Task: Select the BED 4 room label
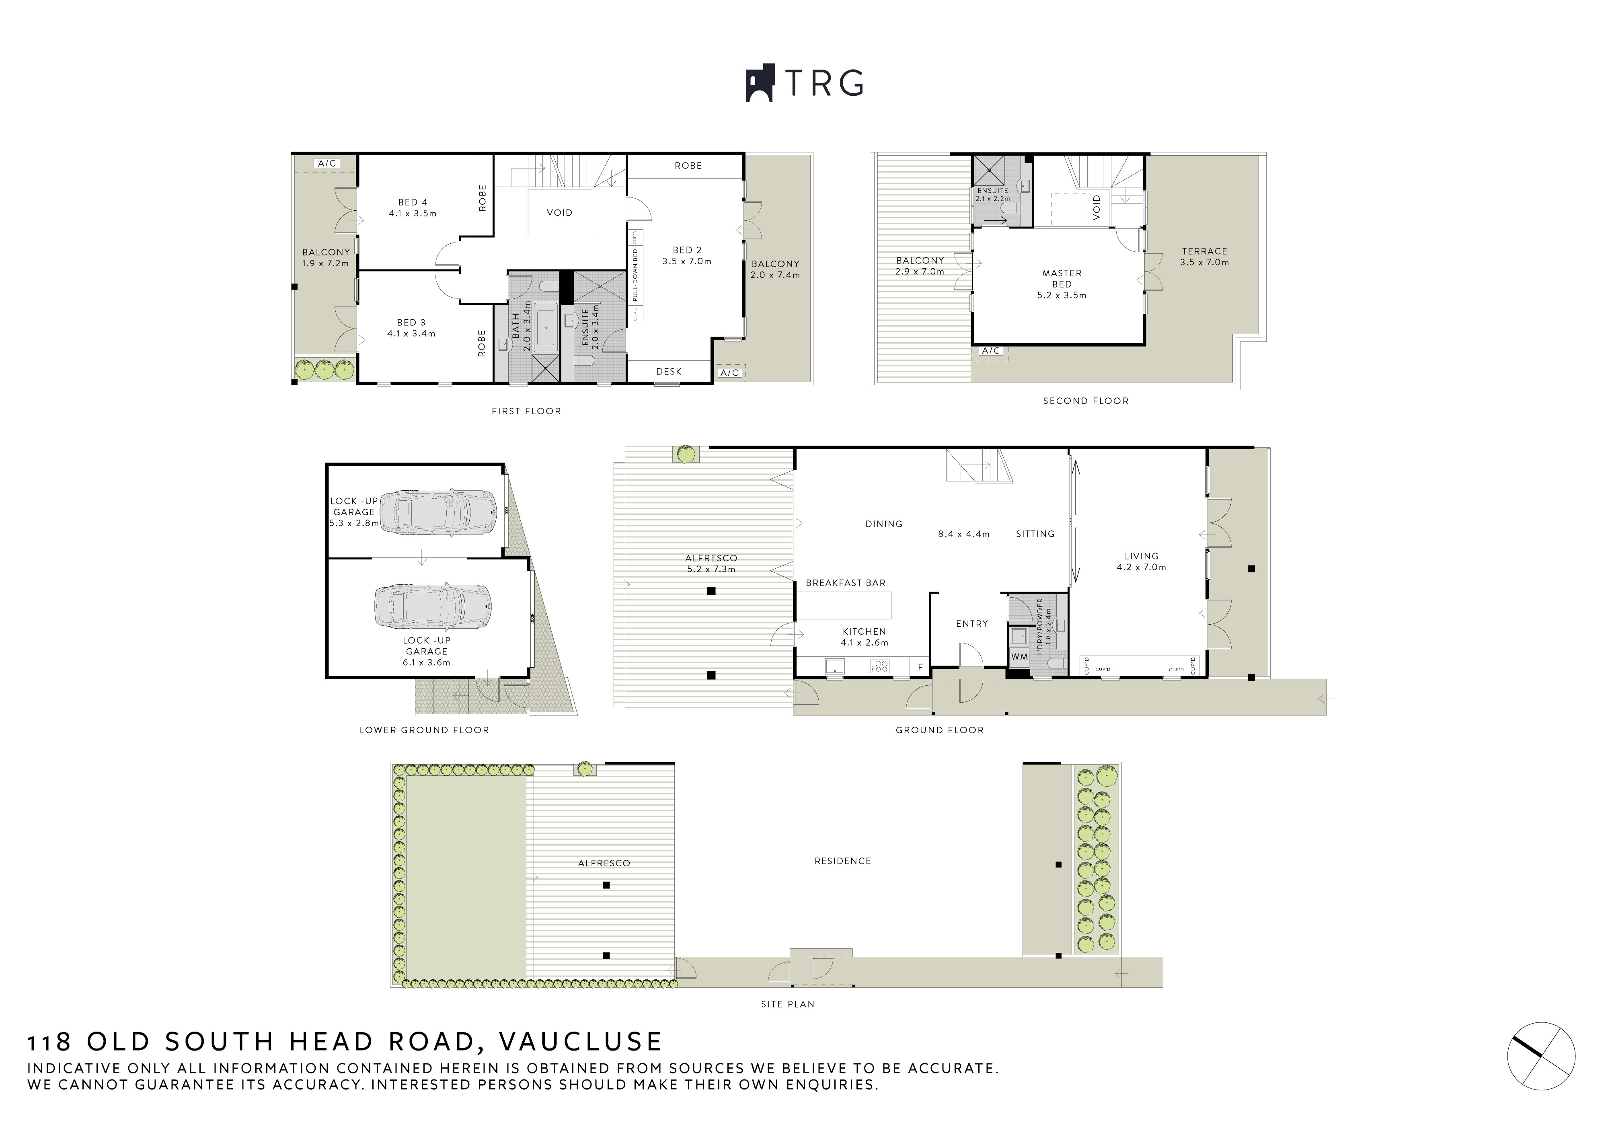click(x=413, y=208)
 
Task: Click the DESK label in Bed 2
click(x=668, y=371)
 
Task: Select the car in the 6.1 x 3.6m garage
click(x=432, y=606)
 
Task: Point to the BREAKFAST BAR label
click(x=845, y=583)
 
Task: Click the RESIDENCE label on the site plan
click(x=842, y=861)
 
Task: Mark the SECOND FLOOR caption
click(x=1086, y=401)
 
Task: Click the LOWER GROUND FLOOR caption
click(x=424, y=730)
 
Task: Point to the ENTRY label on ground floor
click(x=971, y=623)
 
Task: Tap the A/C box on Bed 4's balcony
click(x=327, y=163)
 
